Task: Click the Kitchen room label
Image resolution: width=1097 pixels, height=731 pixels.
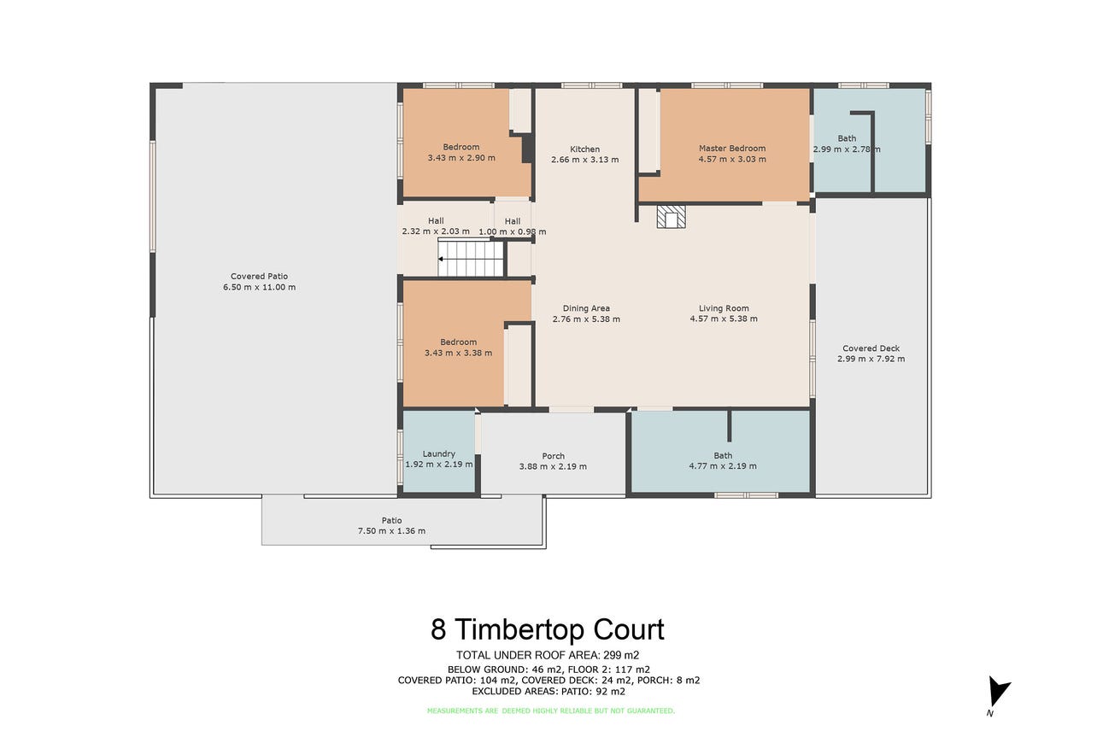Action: tap(584, 149)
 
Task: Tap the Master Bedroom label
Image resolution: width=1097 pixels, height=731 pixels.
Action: tap(732, 149)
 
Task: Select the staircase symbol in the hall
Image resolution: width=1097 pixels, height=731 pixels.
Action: tap(471, 259)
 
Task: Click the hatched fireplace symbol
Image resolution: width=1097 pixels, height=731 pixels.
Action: tap(671, 217)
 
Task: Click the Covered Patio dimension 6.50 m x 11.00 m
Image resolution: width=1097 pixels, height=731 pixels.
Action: tap(260, 288)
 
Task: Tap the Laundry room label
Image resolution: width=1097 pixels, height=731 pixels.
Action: tap(439, 453)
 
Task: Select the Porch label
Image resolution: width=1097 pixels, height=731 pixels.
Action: tap(553, 456)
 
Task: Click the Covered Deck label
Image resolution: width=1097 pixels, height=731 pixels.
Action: tap(871, 348)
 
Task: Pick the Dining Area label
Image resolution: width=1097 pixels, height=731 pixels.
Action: tap(586, 308)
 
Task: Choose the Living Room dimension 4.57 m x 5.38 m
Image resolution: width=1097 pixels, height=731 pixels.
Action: tap(724, 319)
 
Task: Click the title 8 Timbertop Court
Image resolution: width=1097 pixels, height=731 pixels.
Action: tap(548, 629)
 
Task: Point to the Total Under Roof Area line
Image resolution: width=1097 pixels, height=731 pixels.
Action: tap(548, 655)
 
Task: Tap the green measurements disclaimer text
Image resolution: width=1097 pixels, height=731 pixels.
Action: tap(551, 711)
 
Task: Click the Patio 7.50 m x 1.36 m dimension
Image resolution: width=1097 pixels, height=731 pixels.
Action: tap(392, 531)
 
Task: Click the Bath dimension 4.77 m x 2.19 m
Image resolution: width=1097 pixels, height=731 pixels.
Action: tap(723, 466)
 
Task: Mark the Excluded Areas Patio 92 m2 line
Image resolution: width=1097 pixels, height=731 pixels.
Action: tap(548, 692)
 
